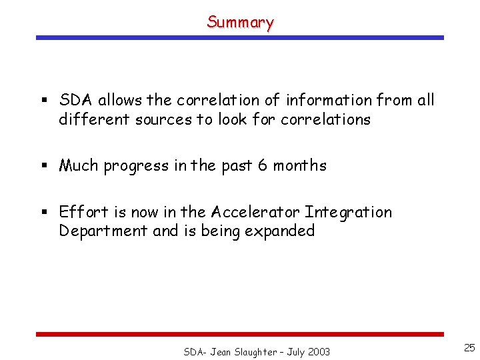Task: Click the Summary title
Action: coord(240,22)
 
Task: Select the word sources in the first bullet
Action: coord(161,120)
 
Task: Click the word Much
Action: coord(79,165)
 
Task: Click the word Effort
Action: coord(83,212)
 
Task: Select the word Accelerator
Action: coord(255,212)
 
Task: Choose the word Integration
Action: coord(348,213)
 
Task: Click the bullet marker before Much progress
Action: coord(43,166)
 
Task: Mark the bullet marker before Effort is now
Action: coord(43,213)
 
